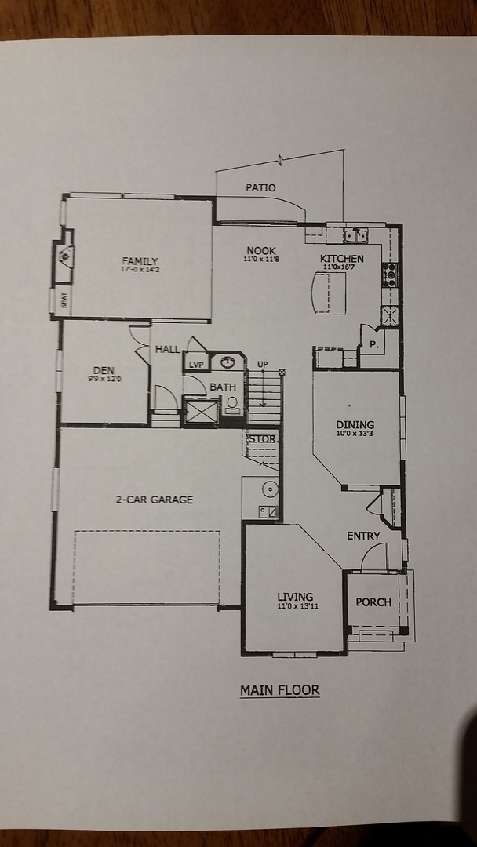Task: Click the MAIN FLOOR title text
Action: tap(279, 690)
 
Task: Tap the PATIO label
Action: tap(260, 187)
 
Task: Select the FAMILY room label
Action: tap(140, 261)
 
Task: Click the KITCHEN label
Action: tap(342, 259)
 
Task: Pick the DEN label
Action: tap(104, 370)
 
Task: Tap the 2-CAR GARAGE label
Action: tap(154, 499)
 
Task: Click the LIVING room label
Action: tap(295, 597)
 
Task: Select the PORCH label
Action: tap(373, 602)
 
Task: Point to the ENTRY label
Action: tap(363, 536)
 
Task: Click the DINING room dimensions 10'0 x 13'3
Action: tap(355, 433)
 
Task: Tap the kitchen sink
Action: tap(355, 234)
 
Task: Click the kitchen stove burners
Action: tap(389, 274)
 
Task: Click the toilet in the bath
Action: tap(232, 405)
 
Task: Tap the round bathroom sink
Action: tap(228, 362)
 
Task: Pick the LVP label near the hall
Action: tap(195, 365)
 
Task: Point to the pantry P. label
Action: tap(373, 344)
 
